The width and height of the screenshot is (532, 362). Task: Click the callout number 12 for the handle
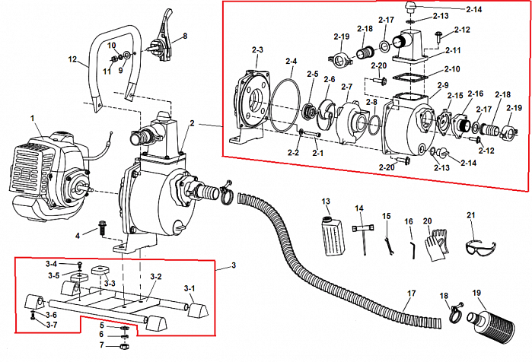pos(72,58)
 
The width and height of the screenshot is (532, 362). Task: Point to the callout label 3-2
pos(155,276)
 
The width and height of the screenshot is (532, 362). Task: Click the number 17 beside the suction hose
pos(412,293)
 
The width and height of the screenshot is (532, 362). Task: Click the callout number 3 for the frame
pos(234,265)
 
